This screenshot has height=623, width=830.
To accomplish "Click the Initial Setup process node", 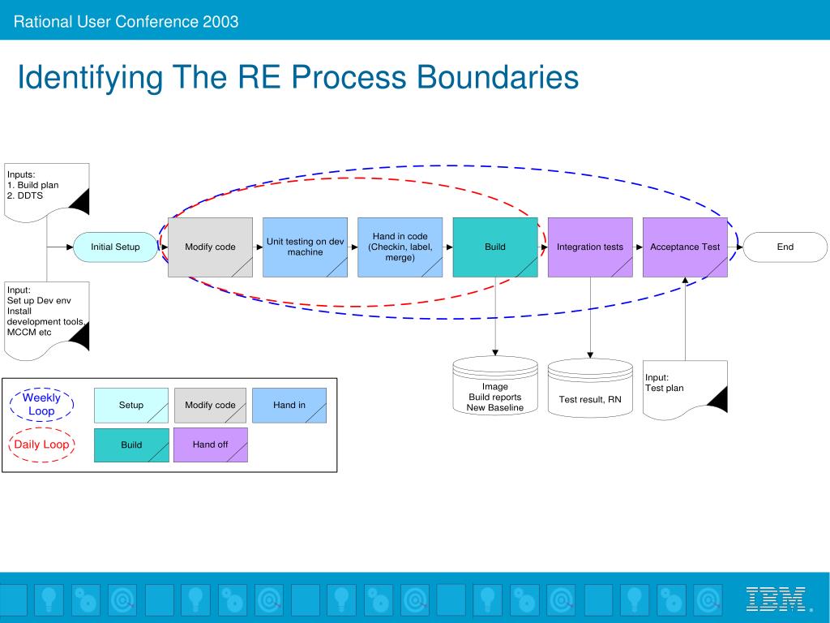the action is pos(115,247).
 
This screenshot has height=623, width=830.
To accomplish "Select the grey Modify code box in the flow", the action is pos(210,247).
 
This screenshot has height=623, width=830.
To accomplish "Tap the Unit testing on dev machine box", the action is pos(305,247).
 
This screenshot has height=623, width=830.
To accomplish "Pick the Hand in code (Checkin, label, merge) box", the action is pos(400,247).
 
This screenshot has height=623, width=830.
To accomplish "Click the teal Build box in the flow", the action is pos(495,247).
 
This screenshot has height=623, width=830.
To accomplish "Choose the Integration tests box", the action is pos(590,247).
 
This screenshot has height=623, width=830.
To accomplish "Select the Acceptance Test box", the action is pos(685,247).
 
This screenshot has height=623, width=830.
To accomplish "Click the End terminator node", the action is pos(785,247).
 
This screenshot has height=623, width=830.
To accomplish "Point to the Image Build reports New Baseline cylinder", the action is pos(495,385).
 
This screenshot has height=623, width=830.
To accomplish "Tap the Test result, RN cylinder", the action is pos(590,388).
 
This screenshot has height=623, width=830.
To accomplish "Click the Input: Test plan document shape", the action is pos(685,390).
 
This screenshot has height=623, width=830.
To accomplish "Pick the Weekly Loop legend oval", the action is pos(41,404).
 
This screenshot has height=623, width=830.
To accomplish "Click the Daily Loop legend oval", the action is pos(41,445).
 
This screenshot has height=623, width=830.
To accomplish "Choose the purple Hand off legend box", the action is pos(210,445).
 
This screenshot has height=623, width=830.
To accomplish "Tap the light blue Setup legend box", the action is pos(131,406).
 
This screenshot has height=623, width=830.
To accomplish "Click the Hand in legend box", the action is pos(289,406).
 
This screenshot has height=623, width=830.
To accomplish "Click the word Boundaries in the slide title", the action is pos(498,77).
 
